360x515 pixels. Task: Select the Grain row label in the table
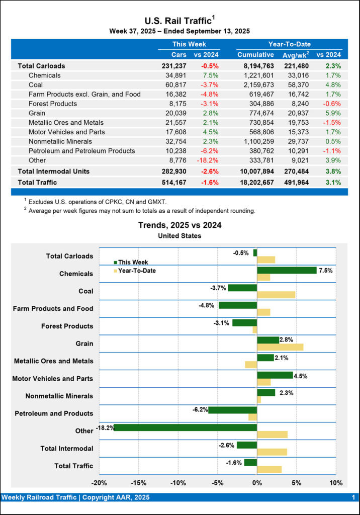click(38, 113)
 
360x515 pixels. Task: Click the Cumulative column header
click(255, 55)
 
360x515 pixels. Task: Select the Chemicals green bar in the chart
click(287, 270)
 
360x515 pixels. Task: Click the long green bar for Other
click(186, 427)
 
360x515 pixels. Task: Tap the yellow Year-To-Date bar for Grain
click(280, 347)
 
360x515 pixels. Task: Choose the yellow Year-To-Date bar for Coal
click(276, 295)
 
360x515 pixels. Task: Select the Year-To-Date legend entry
click(136, 271)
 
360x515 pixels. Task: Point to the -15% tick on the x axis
click(138, 483)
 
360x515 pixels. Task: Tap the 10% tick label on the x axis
click(335, 483)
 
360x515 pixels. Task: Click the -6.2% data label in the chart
click(200, 409)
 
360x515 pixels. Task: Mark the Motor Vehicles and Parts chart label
click(53, 378)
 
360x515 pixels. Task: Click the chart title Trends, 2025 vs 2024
click(179, 225)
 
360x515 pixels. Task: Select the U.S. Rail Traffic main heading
click(179, 21)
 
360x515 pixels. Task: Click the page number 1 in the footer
click(353, 497)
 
